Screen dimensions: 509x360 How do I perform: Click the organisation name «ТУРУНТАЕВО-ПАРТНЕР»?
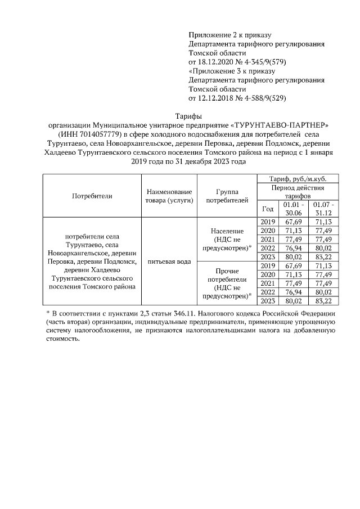(280, 124)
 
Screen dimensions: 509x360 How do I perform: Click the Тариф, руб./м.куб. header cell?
(296, 179)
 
